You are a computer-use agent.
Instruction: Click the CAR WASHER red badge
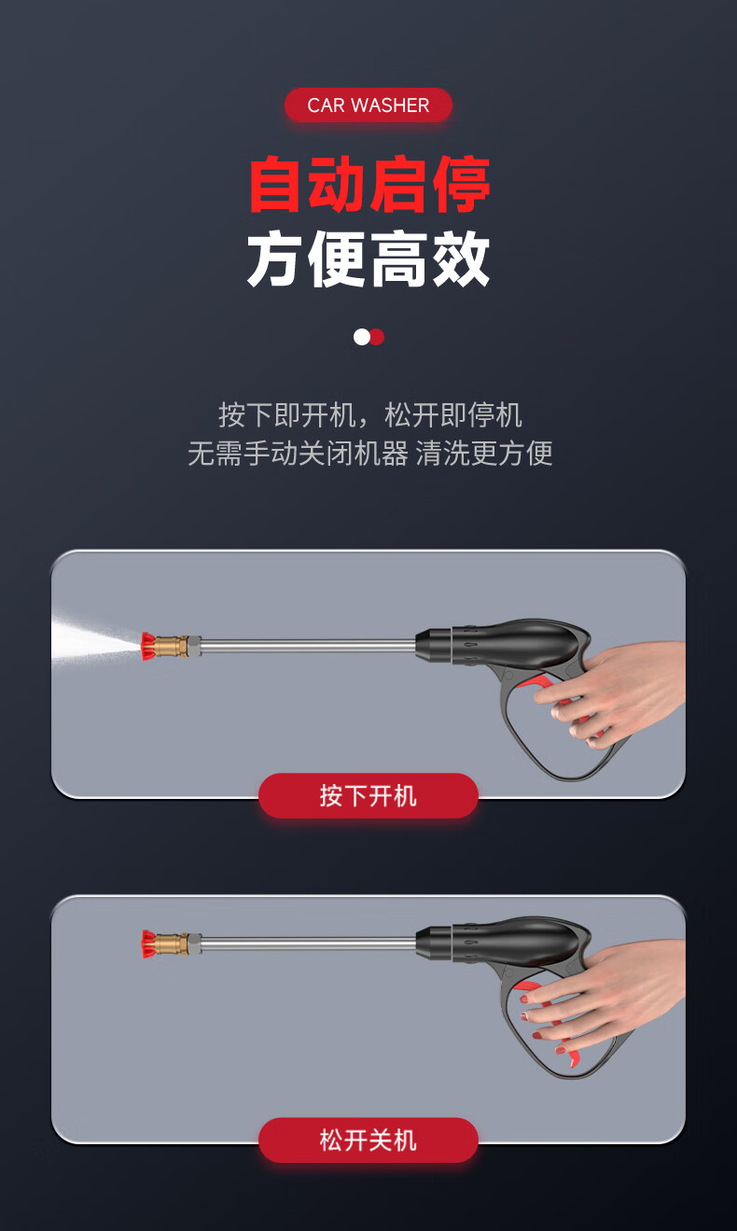pyautogui.click(x=368, y=105)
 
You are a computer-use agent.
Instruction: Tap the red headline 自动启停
pyautogui.click(x=369, y=184)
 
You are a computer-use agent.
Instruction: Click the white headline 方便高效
pyautogui.click(x=368, y=259)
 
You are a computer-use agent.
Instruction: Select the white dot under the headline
pyautogui.click(x=362, y=337)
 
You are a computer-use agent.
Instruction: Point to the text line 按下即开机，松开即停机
pyautogui.click(x=369, y=415)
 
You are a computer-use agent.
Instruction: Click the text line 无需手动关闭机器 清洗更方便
pyautogui.click(x=369, y=454)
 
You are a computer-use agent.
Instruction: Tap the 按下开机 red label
pyautogui.click(x=368, y=796)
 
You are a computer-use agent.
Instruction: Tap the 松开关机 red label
pyautogui.click(x=368, y=1140)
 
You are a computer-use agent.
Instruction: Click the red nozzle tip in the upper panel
pyautogui.click(x=147, y=646)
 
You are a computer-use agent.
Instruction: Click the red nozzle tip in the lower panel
pyautogui.click(x=147, y=944)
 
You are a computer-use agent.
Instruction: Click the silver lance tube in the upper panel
pyautogui.click(x=308, y=646)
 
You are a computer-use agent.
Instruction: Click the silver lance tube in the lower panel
pyautogui.click(x=308, y=944)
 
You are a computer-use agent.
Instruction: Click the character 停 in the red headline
pyautogui.click(x=461, y=184)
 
